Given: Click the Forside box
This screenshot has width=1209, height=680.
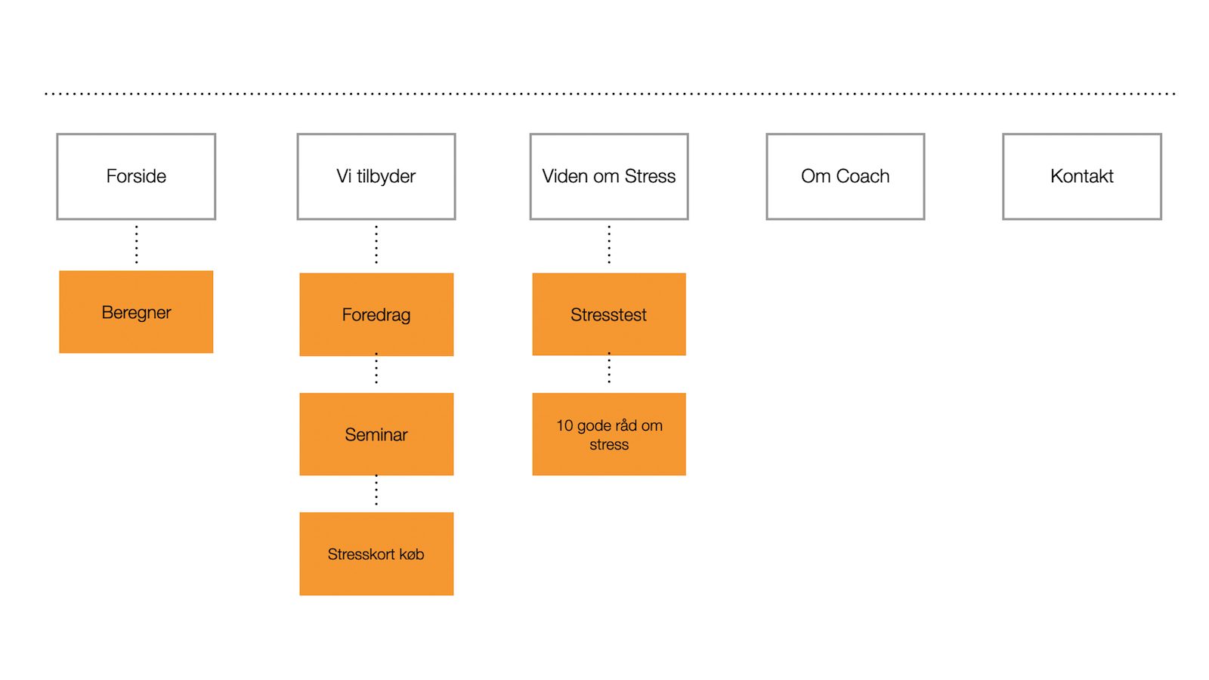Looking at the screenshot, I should click(x=136, y=177).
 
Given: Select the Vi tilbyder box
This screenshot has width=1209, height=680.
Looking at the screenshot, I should click(x=376, y=177).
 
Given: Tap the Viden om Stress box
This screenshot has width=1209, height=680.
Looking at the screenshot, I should click(x=609, y=177).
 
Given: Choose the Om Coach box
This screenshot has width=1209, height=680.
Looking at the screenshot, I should click(x=846, y=177).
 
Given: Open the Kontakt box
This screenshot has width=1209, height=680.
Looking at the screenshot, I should click(x=1082, y=177).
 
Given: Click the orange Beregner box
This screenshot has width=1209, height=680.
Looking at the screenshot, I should click(x=136, y=312).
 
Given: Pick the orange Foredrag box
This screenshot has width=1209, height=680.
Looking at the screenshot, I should click(x=376, y=314).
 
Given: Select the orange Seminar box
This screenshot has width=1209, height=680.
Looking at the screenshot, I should click(x=376, y=434).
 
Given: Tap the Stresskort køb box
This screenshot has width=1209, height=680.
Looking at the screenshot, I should click(x=376, y=554).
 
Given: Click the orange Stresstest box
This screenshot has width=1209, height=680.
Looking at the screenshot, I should click(x=609, y=314).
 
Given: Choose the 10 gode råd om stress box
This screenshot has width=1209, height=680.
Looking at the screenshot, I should click(x=609, y=434).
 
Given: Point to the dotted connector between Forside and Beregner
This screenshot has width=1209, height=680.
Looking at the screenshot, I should click(x=136, y=244).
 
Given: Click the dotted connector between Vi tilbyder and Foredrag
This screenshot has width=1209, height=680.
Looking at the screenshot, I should click(x=376, y=244).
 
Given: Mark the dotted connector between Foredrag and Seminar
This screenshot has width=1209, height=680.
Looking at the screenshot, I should click(x=376, y=369).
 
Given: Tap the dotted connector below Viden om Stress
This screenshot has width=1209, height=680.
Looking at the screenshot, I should click(x=609, y=244).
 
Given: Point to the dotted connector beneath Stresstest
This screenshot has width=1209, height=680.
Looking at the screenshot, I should click(x=609, y=369).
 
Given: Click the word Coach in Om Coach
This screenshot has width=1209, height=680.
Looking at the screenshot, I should click(x=863, y=177).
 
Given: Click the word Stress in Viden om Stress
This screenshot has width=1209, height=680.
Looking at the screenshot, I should click(x=650, y=177).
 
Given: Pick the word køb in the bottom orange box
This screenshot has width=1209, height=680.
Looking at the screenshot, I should click(x=412, y=555).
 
